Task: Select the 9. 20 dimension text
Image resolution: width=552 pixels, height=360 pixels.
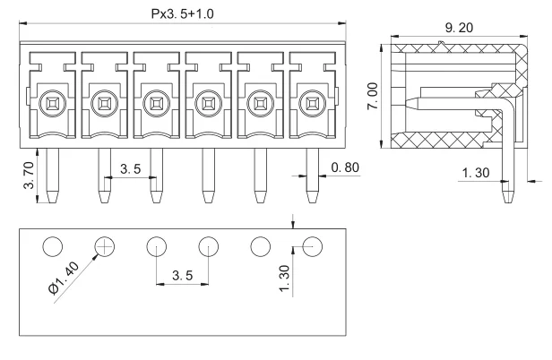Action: [456, 28]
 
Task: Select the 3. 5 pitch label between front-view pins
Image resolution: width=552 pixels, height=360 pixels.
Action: [131, 168]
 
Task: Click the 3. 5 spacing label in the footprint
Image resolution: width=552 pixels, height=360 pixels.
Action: [182, 276]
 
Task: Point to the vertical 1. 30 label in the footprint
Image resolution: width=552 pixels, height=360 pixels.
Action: [284, 279]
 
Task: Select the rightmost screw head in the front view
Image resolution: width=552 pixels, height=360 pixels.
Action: [313, 102]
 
